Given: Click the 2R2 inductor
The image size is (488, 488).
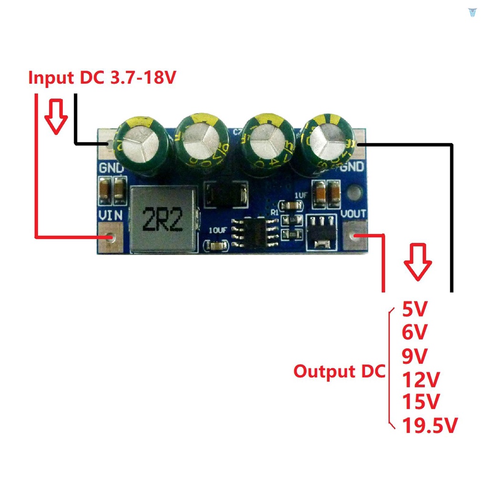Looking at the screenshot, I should pos(163,219).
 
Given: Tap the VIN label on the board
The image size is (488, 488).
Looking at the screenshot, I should pos(111,215).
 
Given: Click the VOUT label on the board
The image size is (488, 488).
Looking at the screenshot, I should pos(354,215).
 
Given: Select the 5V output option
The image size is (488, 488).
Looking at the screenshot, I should pos(415,310).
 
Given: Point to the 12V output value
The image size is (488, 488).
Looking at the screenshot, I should pos(421,380).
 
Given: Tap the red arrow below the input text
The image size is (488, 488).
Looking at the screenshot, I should pos(56,116).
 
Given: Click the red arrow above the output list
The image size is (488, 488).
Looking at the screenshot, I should pos(417,262).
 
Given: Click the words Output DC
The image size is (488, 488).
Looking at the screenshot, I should pos(339,371).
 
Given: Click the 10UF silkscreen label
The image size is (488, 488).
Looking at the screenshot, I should pos(218,230).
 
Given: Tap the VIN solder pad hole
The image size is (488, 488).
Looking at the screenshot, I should pos(111,237).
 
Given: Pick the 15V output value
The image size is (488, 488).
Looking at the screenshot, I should pos(420,402).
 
